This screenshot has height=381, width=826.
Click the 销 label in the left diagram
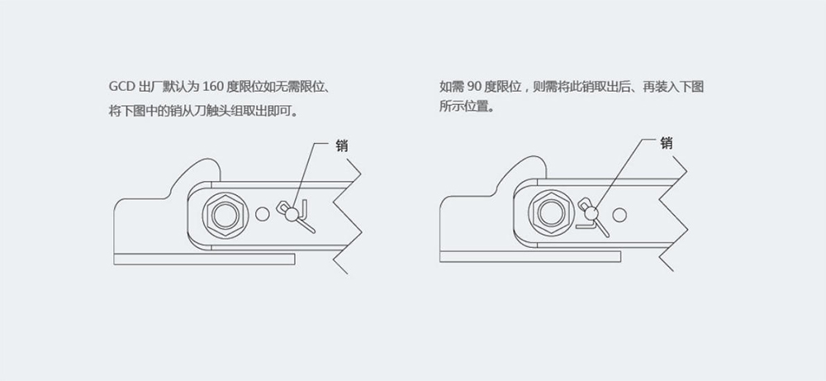pyautogui.click(x=342, y=145)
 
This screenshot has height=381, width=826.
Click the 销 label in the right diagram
pyautogui.click(x=667, y=142)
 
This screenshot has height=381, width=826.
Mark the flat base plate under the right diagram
pyautogui.click(x=529, y=257)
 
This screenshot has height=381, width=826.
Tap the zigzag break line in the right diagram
pyautogui.click(x=676, y=213)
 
